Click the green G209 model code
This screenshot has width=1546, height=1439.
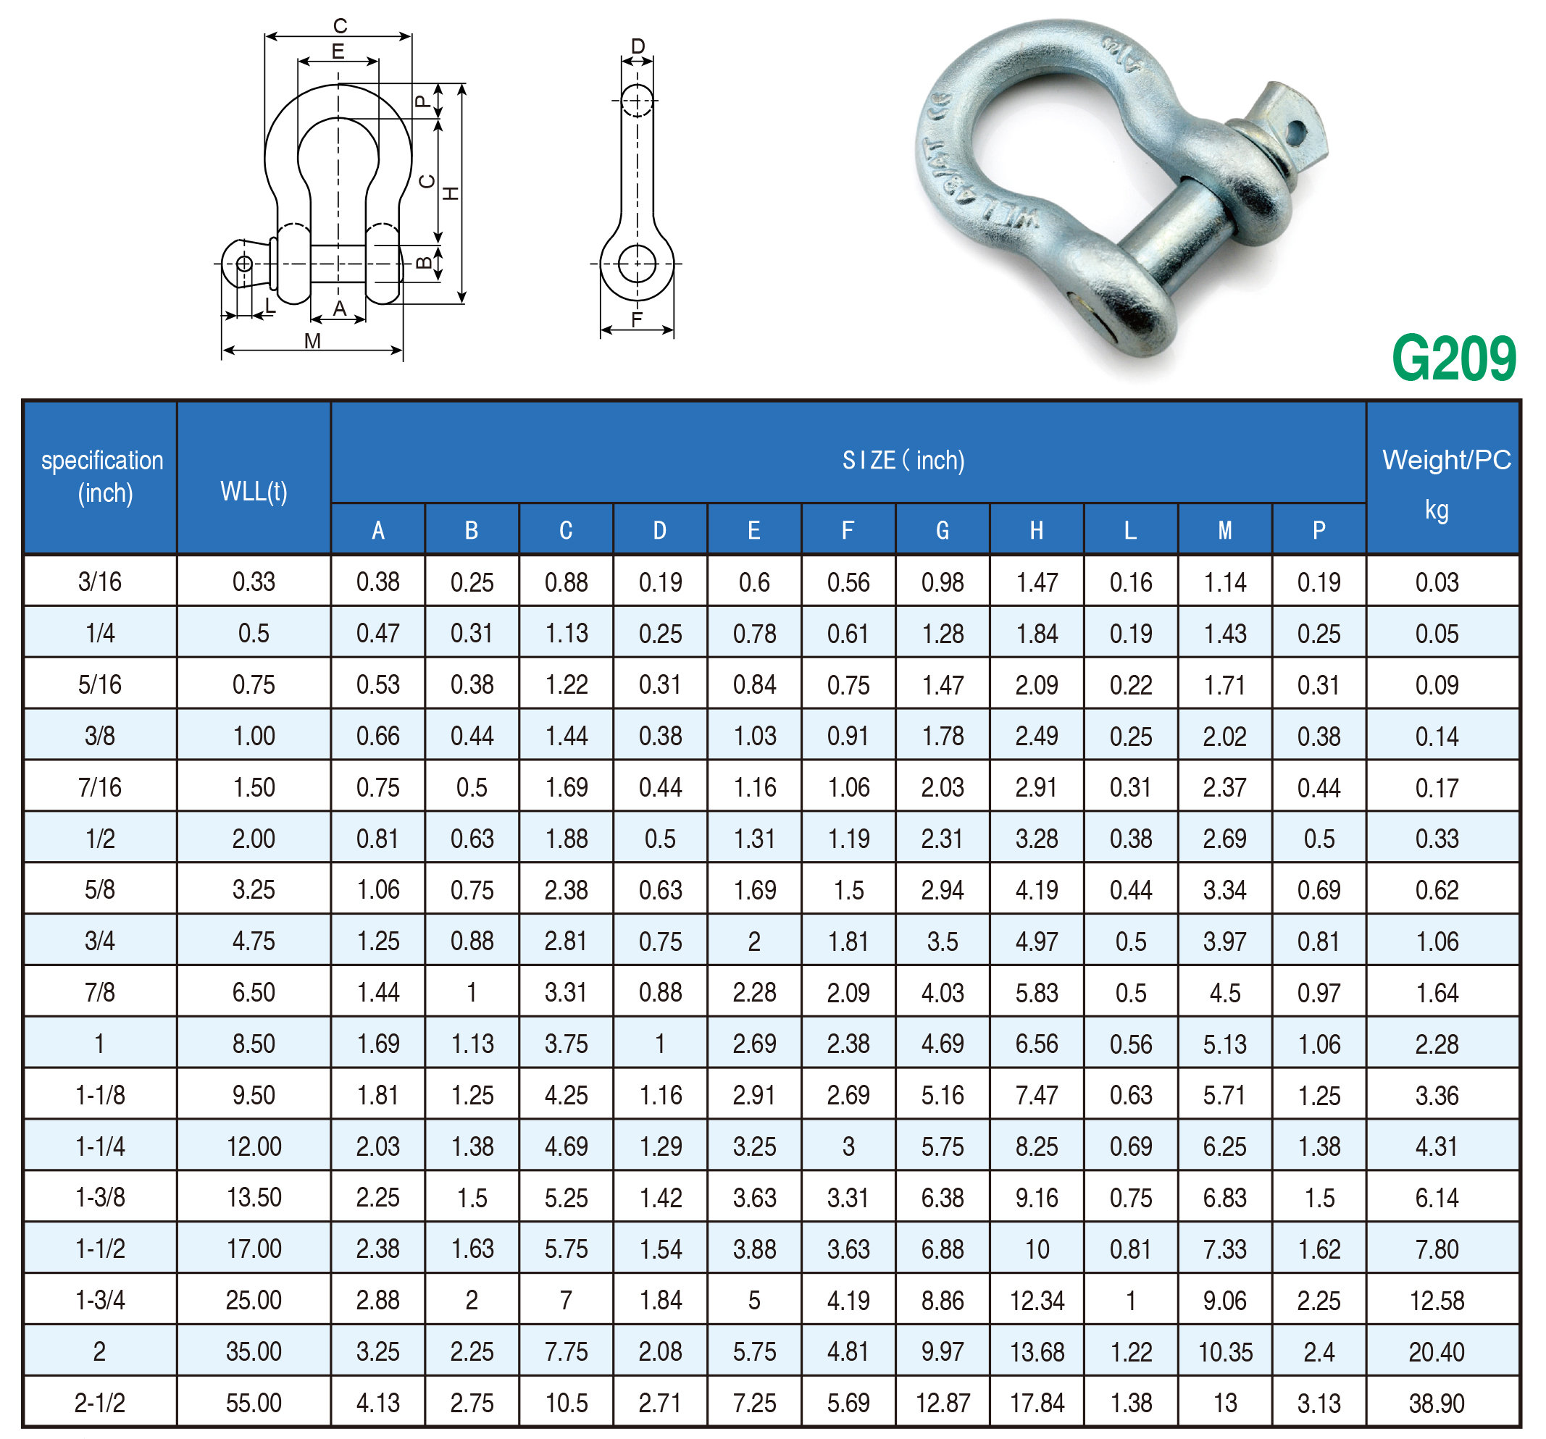(x=1453, y=358)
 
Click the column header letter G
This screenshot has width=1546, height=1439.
(x=942, y=530)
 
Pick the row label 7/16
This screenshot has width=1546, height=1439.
(x=99, y=786)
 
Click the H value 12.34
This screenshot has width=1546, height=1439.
(x=1037, y=1299)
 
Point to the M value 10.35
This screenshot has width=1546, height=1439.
(x=1225, y=1351)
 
